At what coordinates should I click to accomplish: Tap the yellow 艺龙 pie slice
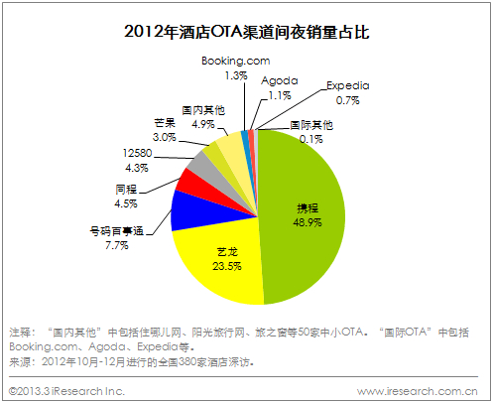click(x=223, y=263)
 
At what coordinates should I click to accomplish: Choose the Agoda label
click(x=280, y=80)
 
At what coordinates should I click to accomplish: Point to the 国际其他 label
click(x=310, y=126)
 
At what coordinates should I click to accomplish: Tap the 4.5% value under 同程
click(x=126, y=203)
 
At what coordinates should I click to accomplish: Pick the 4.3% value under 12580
click(x=135, y=169)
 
